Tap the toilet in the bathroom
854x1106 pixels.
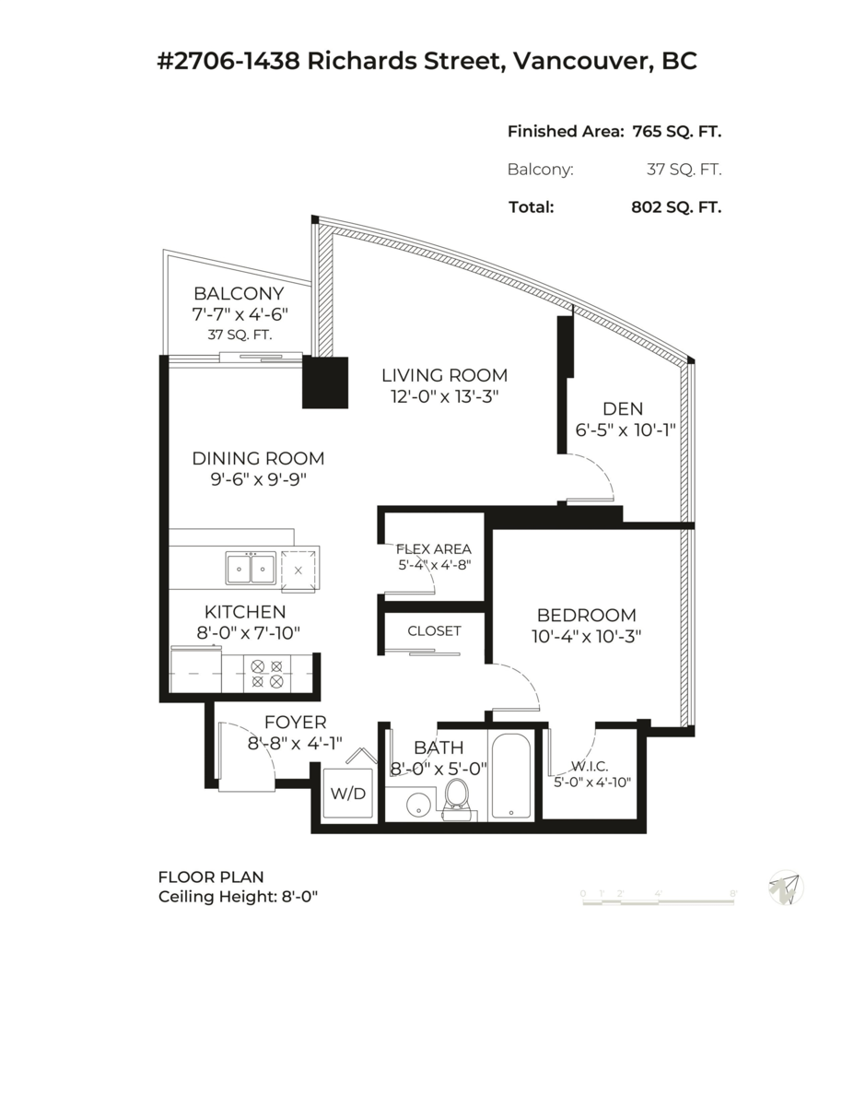pyautogui.click(x=457, y=798)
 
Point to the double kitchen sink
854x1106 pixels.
pyautogui.click(x=251, y=569)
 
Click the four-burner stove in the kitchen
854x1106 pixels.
pyautogui.click(x=267, y=674)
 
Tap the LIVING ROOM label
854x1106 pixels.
pyautogui.click(x=445, y=375)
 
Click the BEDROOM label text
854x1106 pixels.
pyautogui.click(x=587, y=615)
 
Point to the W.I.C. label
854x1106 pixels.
pyautogui.click(x=587, y=765)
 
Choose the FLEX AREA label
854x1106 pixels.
pyautogui.click(x=433, y=548)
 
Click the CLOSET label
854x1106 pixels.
pyautogui.click(x=434, y=631)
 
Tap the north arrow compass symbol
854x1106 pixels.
pyautogui.click(x=786, y=888)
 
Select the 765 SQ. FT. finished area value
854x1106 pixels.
pyautogui.click(x=676, y=132)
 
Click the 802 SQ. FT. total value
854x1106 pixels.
pyautogui.click(x=671, y=207)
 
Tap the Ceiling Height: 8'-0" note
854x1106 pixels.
pyautogui.click(x=239, y=897)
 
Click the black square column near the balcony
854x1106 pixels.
pyautogui.click(x=326, y=382)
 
